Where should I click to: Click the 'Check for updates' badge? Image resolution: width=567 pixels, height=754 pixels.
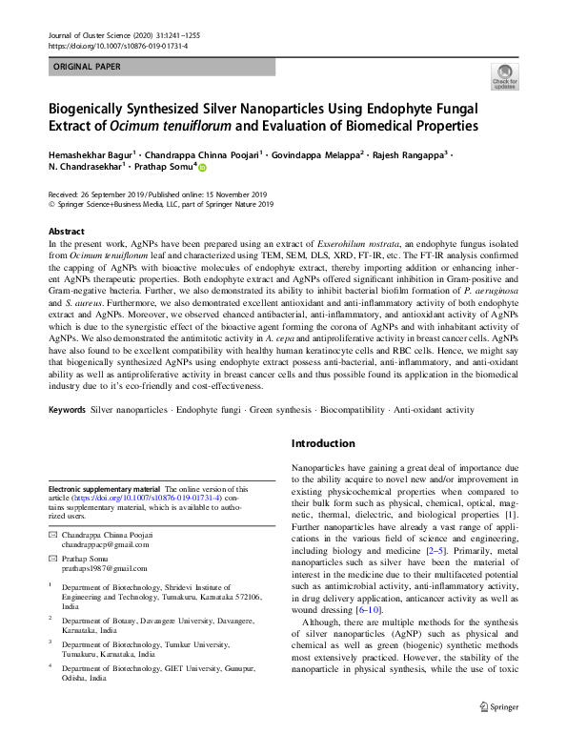504,76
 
